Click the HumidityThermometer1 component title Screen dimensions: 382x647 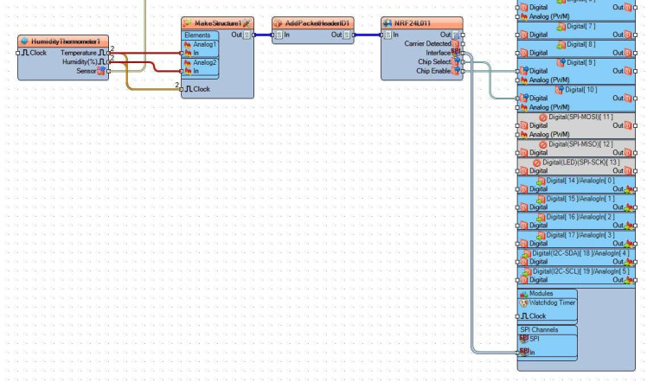pos(65,41)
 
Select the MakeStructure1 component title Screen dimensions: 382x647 pos(216,23)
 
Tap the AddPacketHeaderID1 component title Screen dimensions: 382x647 pos(312,23)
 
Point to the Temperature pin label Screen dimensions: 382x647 pos(78,53)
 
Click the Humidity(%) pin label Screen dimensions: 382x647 pos(79,61)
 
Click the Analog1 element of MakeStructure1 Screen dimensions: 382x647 pos(205,44)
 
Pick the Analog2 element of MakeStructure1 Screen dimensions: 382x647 pos(205,62)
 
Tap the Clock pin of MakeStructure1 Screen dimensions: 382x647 pos(200,89)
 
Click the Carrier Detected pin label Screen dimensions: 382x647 pos(427,43)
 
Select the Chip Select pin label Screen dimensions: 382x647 pos(433,61)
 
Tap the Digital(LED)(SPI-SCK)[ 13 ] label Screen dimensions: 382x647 pos(576,162)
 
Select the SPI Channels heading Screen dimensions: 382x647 pos(539,329)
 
